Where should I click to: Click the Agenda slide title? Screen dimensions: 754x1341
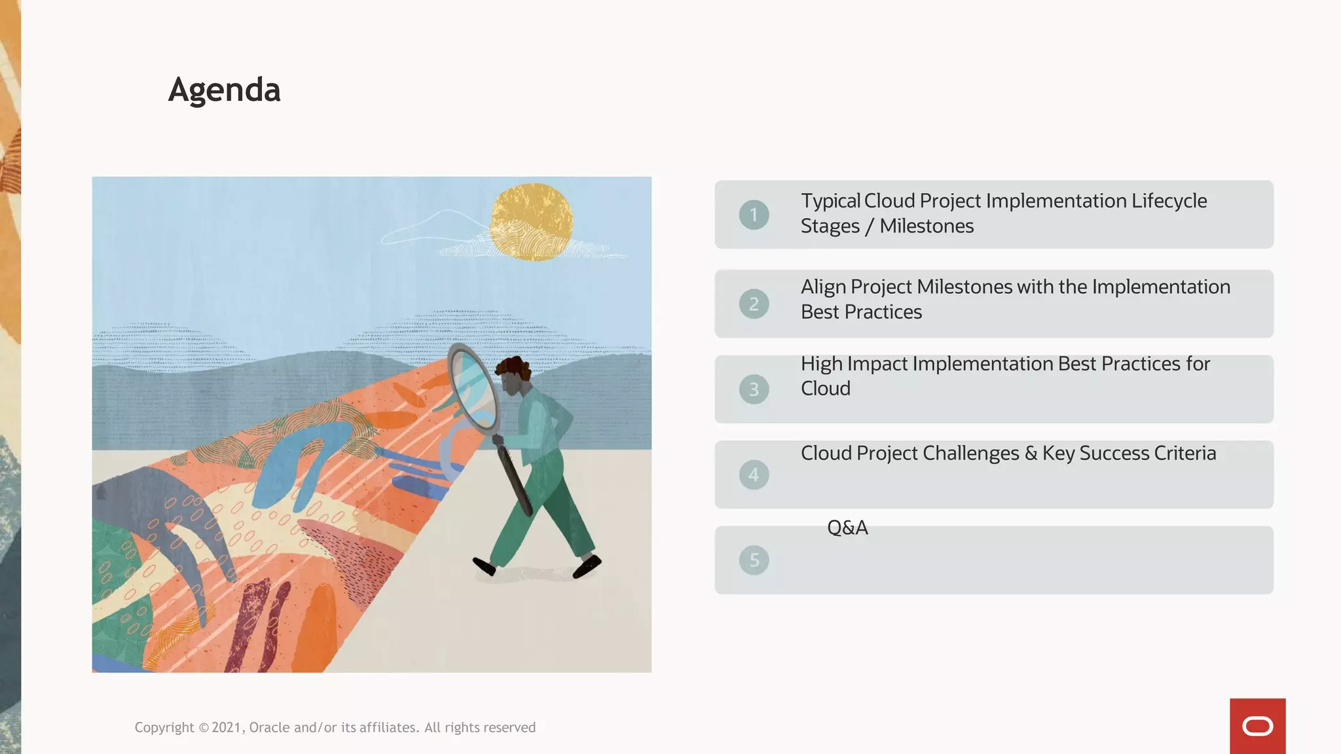224,90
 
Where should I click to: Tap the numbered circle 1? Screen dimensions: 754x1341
754,215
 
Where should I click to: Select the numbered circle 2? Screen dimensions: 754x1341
754,304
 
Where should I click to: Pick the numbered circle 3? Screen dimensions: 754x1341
754,389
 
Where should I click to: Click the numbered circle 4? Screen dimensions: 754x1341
754,475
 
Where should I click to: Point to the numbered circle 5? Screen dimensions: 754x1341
754,560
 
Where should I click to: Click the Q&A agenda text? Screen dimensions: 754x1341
847,528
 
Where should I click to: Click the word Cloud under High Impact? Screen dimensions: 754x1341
825,389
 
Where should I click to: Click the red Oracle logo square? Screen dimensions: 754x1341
1257,726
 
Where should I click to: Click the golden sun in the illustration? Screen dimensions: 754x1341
532,221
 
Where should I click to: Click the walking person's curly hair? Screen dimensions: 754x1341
515,369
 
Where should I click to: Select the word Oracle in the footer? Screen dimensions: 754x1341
269,728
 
